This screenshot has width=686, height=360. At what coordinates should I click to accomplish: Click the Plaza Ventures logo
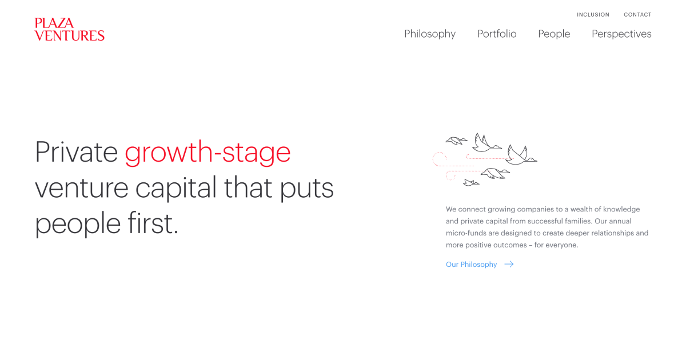(70, 29)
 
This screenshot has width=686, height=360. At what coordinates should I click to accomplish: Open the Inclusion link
(593, 15)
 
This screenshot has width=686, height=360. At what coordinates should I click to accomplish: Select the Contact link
(637, 15)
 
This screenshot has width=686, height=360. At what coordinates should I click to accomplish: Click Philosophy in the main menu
(430, 34)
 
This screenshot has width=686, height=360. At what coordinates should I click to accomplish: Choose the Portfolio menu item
(497, 34)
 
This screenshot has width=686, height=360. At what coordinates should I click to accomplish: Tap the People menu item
(554, 34)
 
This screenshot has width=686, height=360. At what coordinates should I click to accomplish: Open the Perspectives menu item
(621, 34)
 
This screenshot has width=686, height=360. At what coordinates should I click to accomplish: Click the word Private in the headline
(76, 152)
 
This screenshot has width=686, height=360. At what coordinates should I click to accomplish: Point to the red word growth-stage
(208, 153)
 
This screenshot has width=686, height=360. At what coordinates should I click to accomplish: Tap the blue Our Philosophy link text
(471, 265)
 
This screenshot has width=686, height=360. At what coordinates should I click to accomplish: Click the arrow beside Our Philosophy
(509, 264)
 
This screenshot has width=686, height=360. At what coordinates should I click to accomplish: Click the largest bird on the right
(521, 155)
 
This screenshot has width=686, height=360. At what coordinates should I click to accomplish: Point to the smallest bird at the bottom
(471, 183)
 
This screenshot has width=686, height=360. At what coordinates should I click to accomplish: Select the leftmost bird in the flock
(456, 141)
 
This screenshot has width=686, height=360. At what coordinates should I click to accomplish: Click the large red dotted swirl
(438, 158)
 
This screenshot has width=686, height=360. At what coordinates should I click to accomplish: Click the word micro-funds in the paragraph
(466, 233)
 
